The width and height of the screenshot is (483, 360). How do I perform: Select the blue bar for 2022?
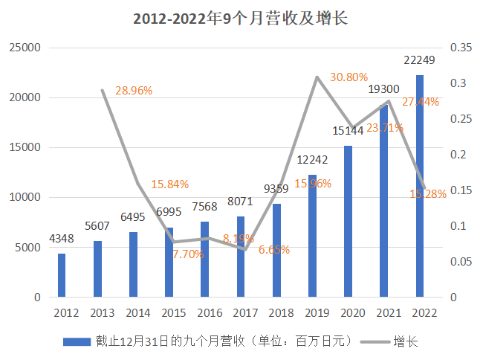point(419,186)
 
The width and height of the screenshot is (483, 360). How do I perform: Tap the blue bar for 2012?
point(62,275)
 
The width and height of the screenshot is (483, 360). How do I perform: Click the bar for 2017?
point(241,257)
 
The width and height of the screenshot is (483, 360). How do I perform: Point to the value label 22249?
point(419,60)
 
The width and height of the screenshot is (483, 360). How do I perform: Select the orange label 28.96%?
point(134,91)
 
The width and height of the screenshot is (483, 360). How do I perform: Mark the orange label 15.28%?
point(428,194)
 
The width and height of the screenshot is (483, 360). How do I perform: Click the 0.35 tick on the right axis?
point(461,48)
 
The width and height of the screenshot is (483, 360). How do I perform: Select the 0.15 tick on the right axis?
point(461,190)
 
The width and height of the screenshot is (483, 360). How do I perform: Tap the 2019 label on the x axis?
point(312,312)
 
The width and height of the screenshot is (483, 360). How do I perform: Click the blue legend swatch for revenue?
point(77,341)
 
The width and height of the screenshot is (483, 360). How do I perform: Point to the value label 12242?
point(312,160)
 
